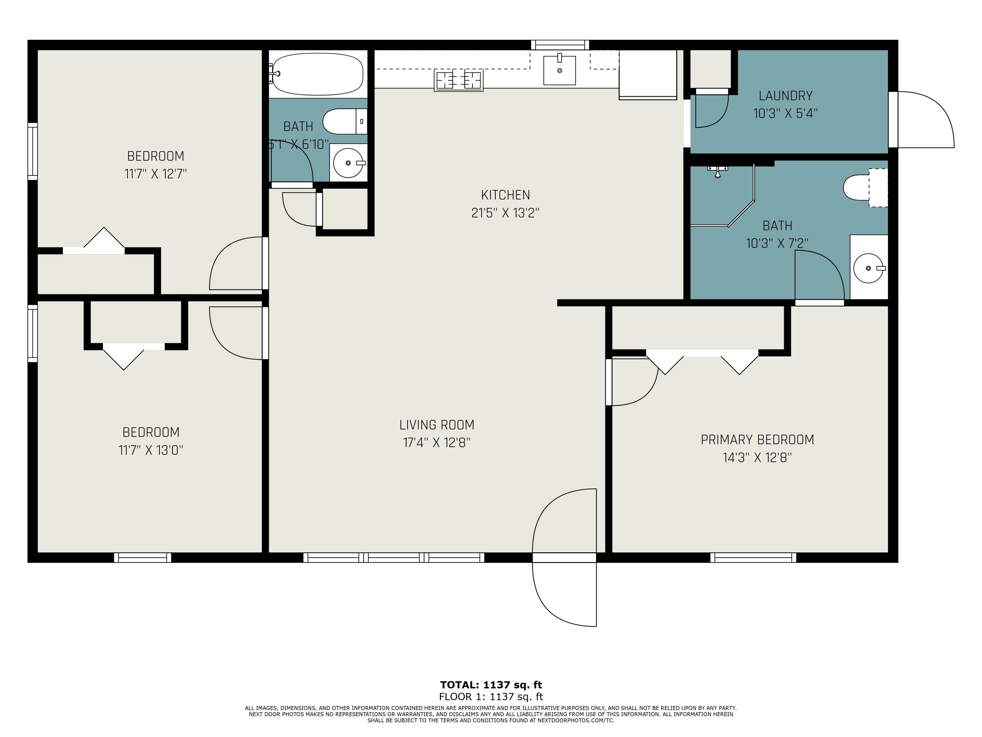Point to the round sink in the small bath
[x=349, y=162]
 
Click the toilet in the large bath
[x=865, y=187]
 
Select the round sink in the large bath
[x=869, y=268]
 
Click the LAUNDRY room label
[x=785, y=96]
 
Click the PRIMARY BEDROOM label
[x=757, y=440]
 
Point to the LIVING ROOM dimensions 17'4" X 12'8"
[x=436, y=443]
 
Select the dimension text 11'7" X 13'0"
[x=151, y=450]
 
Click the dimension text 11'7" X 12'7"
[x=155, y=174]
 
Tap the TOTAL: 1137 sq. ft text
[x=491, y=685]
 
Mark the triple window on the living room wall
[x=394, y=557]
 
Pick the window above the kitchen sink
[x=560, y=45]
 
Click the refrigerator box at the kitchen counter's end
[x=648, y=75]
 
